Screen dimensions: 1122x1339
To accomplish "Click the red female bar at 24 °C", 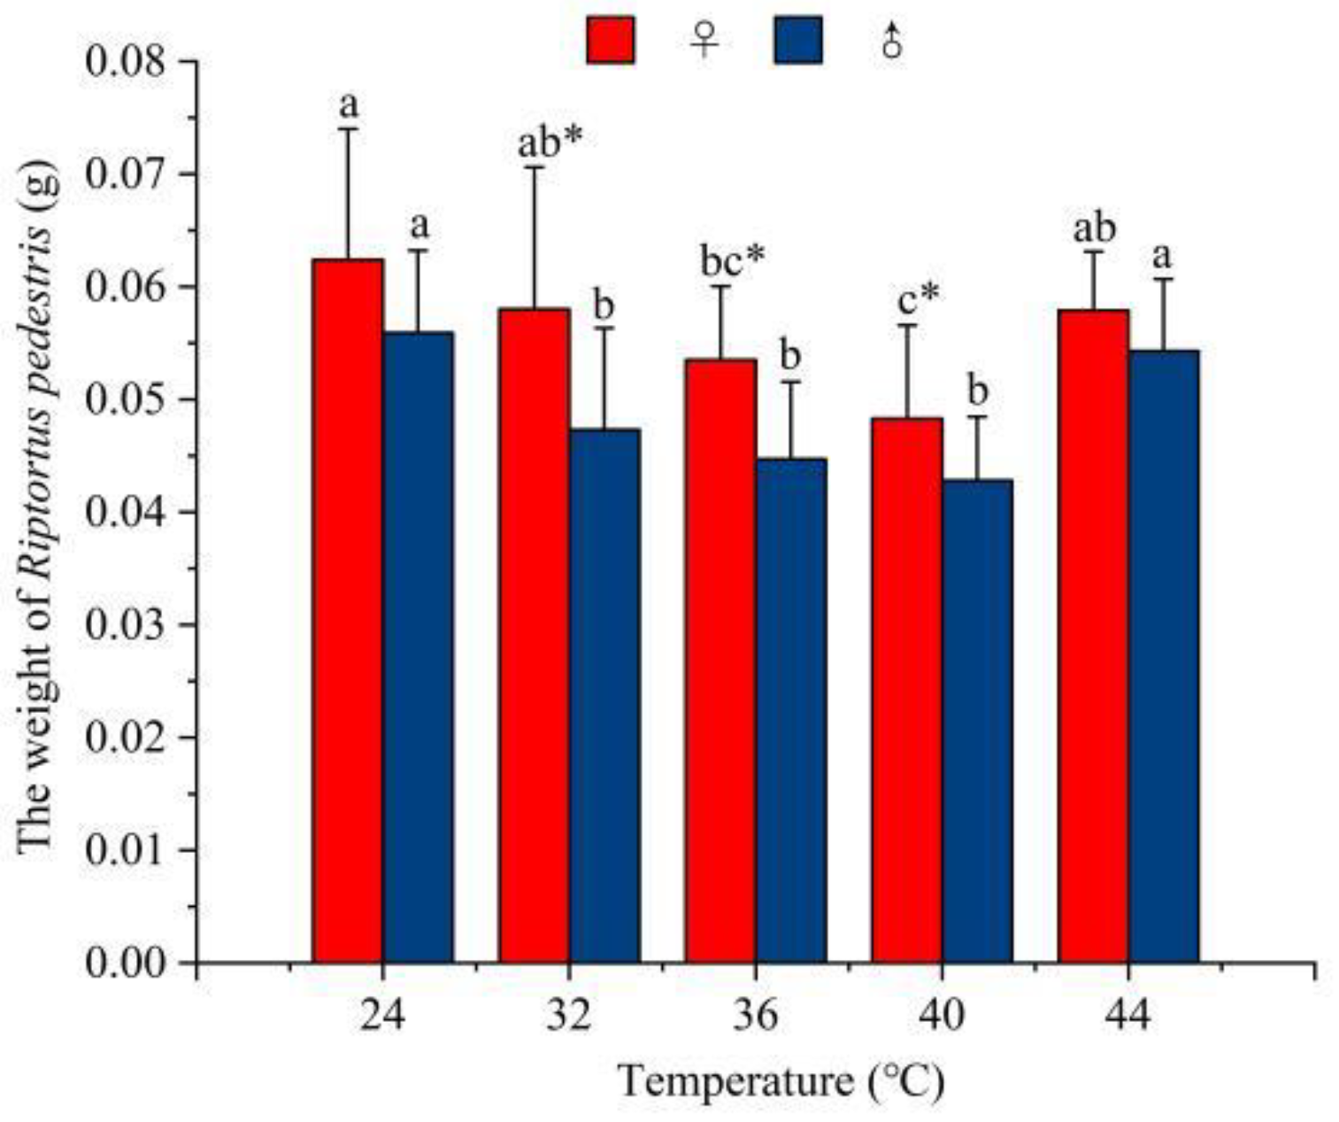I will click(x=348, y=611).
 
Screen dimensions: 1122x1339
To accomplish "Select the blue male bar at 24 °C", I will click(x=418, y=647).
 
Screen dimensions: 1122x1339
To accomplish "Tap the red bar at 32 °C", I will click(x=534, y=635).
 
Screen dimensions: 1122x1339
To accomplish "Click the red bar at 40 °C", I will click(x=907, y=690).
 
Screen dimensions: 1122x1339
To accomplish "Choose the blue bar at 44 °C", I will click(x=1164, y=656).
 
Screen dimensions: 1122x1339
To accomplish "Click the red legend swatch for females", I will click(x=611, y=41).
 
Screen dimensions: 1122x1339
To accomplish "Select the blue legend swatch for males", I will click(x=797, y=41).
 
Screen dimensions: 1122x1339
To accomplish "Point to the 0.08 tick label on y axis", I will click(x=126, y=63).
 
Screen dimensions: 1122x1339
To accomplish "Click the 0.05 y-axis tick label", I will click(x=126, y=400).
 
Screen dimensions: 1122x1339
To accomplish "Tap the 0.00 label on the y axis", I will click(x=126, y=963).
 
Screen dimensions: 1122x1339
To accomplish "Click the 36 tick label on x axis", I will click(x=755, y=1015).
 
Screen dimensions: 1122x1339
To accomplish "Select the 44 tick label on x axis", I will click(x=1128, y=1015).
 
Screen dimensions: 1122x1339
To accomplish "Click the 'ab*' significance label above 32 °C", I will click(x=551, y=143).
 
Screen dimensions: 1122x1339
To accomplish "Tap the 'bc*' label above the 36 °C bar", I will click(x=732, y=261).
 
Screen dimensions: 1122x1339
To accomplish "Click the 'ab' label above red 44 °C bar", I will click(x=1094, y=228).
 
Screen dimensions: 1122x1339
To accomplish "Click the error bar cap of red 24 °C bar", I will click(x=348, y=129).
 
